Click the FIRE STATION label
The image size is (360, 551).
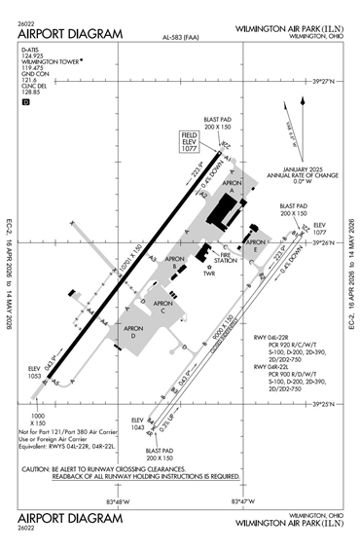[x=226, y=260]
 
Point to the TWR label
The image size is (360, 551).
[x=208, y=274]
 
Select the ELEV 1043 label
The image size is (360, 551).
[x=139, y=426]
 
